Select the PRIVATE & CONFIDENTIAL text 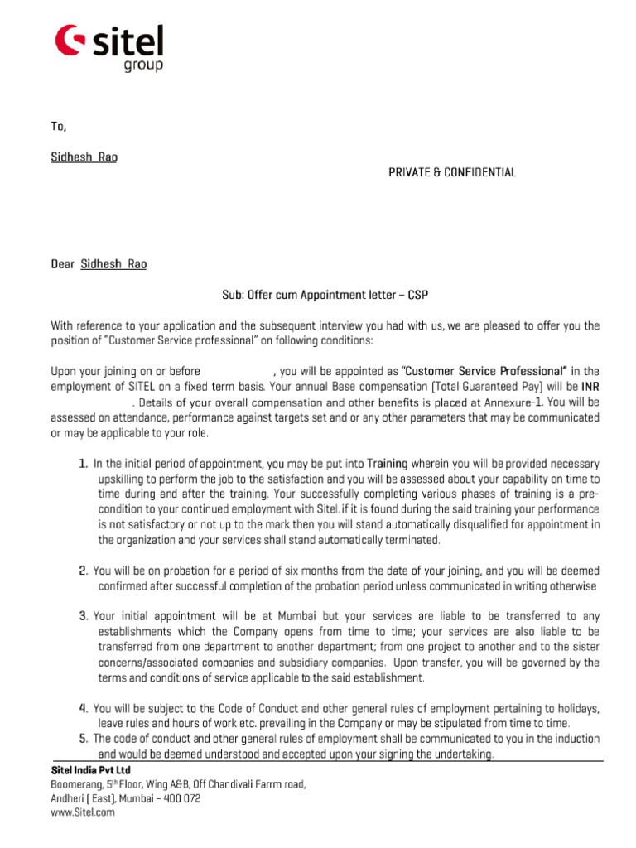[x=452, y=172]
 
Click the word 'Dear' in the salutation [x=63, y=264]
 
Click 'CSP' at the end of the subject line [x=418, y=295]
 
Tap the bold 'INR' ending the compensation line [x=590, y=386]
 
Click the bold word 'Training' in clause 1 [x=388, y=464]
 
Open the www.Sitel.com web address [x=83, y=813]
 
